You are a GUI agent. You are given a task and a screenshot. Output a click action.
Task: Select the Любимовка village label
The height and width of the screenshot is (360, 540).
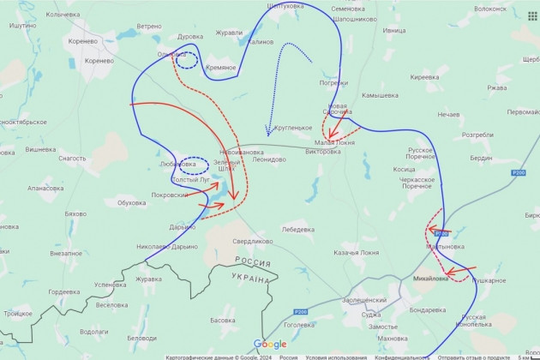[177, 165]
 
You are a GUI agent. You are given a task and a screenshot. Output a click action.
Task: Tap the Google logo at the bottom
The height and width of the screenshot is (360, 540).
[270, 344]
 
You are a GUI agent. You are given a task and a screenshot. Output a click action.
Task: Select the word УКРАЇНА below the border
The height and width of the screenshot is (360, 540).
[250, 280]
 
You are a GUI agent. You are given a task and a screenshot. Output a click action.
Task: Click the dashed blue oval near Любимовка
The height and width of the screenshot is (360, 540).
[195, 164]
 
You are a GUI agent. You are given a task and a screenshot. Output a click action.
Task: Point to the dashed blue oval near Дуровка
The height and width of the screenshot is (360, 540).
[185, 60]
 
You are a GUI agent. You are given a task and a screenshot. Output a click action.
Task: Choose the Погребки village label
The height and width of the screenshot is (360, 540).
[333, 83]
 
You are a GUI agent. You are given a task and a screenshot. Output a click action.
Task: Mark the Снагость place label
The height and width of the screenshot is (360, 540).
[72, 159]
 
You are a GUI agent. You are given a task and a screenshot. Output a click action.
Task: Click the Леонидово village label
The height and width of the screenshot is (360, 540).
[269, 159]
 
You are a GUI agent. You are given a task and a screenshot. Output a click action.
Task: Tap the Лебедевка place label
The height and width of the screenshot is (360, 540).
[297, 229]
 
